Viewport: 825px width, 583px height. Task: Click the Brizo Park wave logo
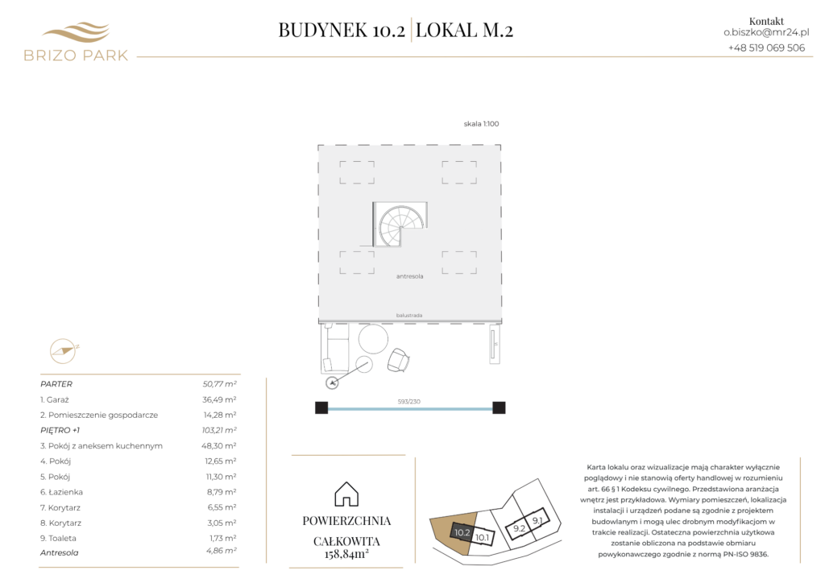click(76, 32)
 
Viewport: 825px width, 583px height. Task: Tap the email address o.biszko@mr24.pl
click(766, 32)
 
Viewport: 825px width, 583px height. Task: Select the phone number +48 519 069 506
click(766, 48)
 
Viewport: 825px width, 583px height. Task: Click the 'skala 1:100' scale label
click(481, 124)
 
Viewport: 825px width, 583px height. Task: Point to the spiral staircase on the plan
click(400, 225)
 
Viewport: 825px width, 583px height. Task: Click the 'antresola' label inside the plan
click(409, 276)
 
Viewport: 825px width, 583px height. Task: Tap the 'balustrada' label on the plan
click(408, 316)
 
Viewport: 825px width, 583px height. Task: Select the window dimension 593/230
click(408, 402)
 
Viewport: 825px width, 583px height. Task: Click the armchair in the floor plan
click(398, 360)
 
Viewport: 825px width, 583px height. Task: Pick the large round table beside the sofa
click(373, 338)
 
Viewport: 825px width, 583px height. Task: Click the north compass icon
click(63, 351)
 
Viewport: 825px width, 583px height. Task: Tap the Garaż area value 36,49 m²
click(219, 399)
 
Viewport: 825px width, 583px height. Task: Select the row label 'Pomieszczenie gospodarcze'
click(103, 415)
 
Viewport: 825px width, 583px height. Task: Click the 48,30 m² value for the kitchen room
click(219, 446)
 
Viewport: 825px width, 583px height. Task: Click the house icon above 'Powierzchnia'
click(346, 494)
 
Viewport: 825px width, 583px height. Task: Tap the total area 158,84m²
click(346, 553)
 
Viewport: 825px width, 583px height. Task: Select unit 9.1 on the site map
click(537, 520)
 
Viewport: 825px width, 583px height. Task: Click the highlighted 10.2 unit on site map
click(462, 532)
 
